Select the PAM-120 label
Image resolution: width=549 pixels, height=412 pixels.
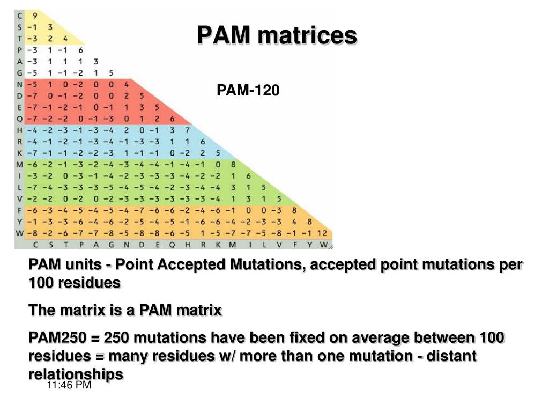[248, 91]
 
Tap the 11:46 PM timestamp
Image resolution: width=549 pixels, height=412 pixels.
[69, 385]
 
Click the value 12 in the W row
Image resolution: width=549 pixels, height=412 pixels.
[322, 233]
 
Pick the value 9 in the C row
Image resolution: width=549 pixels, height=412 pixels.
[35, 16]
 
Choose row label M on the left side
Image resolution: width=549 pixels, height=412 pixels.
[20, 164]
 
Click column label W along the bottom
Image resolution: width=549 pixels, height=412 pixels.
[324, 245]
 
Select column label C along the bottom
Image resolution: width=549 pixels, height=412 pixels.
[35, 245]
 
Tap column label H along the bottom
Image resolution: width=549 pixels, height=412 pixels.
[187, 245]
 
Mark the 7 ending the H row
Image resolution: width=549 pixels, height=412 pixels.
[187, 130]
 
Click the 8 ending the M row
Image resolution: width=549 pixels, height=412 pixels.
[233, 164]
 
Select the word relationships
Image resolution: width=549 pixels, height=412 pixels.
[76, 374]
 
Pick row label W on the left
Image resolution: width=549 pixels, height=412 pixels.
[20, 233]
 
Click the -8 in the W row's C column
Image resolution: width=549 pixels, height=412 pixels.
[33, 233]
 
